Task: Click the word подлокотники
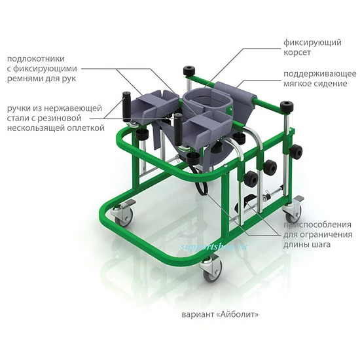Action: click(36, 59)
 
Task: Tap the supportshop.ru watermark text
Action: click(213, 247)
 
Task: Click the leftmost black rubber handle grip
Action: click(126, 107)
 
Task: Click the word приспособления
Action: click(317, 225)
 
